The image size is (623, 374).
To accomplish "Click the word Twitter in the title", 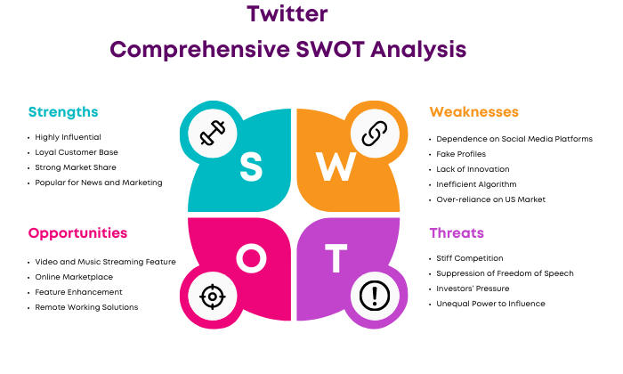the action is pyautogui.click(x=287, y=14).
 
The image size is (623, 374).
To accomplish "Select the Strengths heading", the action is pyautogui.click(x=63, y=112).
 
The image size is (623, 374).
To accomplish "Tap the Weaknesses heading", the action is pyautogui.click(x=474, y=112).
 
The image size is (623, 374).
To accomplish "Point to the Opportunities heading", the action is pyautogui.click(x=78, y=233).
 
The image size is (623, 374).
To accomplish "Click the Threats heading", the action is pyautogui.click(x=457, y=233).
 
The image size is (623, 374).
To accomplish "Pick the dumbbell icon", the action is pyautogui.click(x=213, y=133).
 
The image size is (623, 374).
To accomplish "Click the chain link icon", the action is pyautogui.click(x=375, y=134).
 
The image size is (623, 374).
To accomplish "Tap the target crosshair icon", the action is pyautogui.click(x=213, y=297).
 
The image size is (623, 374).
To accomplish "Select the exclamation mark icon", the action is pyautogui.click(x=375, y=296).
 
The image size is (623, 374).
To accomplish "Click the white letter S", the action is pyautogui.click(x=251, y=167).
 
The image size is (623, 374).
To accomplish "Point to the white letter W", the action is pyautogui.click(x=336, y=167).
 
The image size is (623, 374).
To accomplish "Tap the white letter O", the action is pyautogui.click(x=252, y=258).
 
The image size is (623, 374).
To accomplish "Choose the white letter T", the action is pyautogui.click(x=336, y=258).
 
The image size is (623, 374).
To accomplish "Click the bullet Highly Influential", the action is pyautogui.click(x=68, y=137).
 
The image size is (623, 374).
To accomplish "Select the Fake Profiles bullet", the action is pyautogui.click(x=461, y=154).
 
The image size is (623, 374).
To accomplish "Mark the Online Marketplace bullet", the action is pyautogui.click(x=74, y=277).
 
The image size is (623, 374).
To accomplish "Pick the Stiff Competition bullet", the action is pyautogui.click(x=470, y=258).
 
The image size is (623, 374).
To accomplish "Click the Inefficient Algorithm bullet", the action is pyautogui.click(x=476, y=184).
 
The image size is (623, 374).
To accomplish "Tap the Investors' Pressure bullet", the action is pyautogui.click(x=473, y=289).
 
